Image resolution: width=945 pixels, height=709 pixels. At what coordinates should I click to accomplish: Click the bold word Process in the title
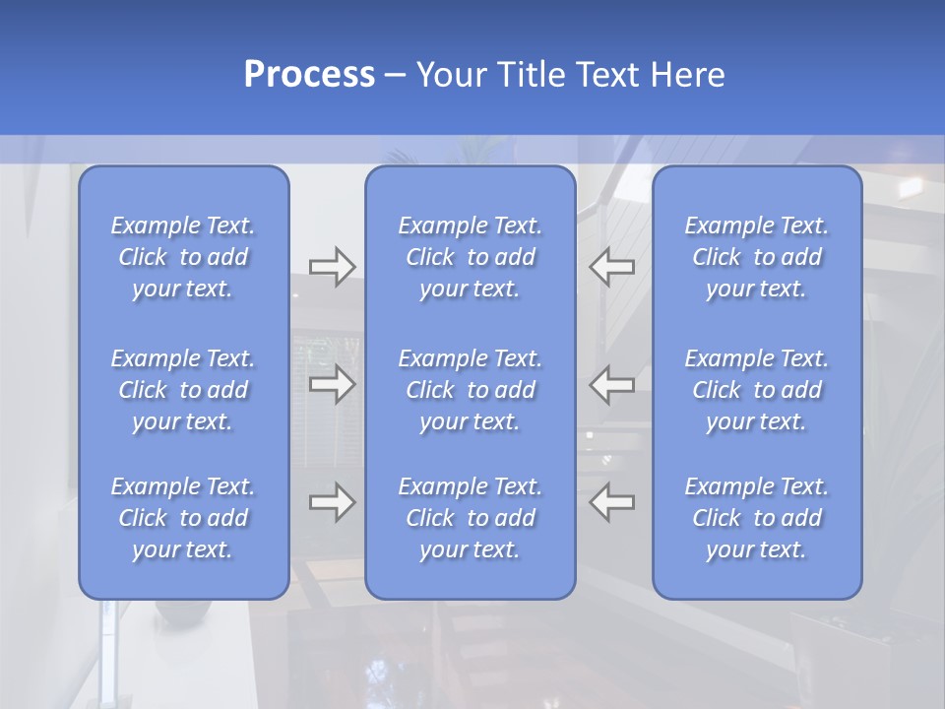(x=309, y=75)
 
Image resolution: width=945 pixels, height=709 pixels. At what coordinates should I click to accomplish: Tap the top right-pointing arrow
(x=332, y=267)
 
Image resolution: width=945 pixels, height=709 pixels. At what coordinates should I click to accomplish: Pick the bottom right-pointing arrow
(x=332, y=502)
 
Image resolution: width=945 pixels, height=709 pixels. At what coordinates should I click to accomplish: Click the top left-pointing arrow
(x=612, y=267)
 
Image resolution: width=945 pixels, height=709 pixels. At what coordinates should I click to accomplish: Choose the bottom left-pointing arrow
(x=612, y=502)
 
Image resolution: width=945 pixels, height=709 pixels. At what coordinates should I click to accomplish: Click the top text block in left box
(x=183, y=257)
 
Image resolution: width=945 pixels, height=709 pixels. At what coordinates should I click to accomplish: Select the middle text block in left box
(x=183, y=390)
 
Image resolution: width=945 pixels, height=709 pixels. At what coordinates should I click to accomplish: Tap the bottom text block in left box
(x=183, y=518)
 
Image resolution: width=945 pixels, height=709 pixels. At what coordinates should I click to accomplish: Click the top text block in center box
(x=470, y=257)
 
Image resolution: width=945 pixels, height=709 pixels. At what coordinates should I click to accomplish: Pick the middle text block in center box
(x=470, y=390)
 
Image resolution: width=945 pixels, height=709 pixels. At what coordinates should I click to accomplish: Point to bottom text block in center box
(x=470, y=518)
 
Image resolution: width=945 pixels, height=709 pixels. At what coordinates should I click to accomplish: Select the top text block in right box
(x=756, y=257)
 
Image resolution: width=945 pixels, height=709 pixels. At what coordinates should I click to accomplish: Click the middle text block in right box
(x=756, y=390)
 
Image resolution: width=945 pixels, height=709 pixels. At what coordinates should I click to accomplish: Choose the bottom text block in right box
(x=756, y=518)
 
